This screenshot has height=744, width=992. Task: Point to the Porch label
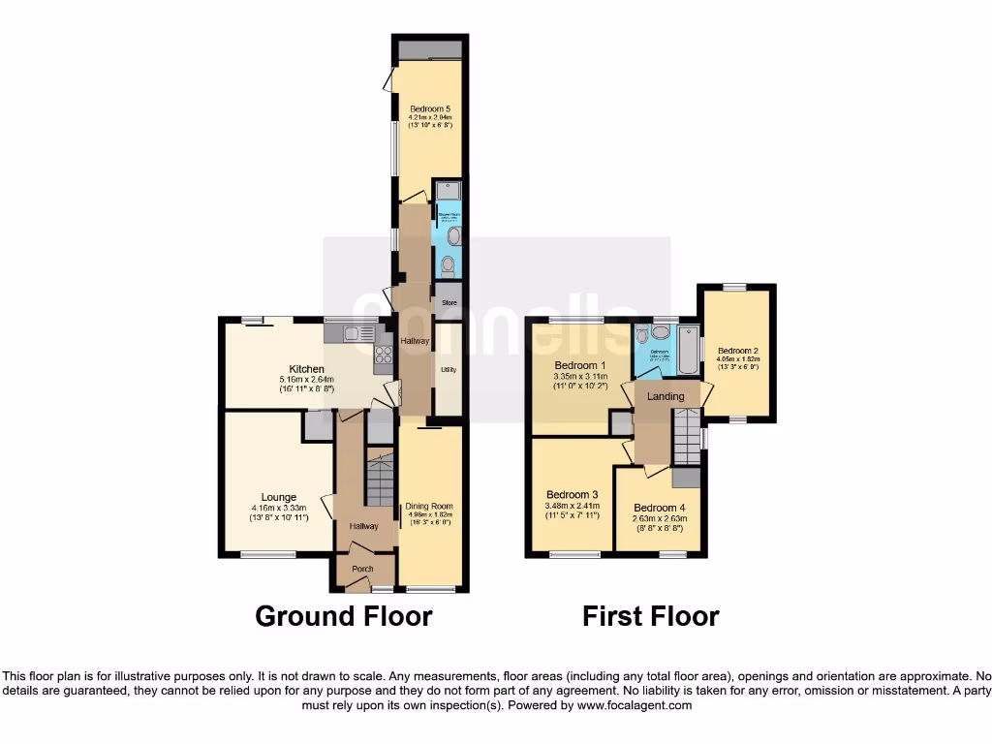362,569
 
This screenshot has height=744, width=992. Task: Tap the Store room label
448,302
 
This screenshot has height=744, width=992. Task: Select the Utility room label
448,369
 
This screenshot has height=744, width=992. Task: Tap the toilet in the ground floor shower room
447,263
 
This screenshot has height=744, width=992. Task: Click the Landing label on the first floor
666,396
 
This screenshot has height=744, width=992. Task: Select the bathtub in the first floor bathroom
686,351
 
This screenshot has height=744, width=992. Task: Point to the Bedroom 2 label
738,351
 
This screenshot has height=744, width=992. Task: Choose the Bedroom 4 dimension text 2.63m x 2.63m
660,519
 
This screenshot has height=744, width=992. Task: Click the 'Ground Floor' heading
344,616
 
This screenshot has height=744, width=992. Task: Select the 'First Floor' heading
650,616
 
